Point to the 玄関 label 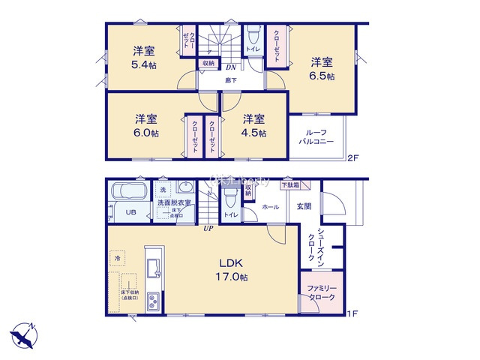304,206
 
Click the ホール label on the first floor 271,206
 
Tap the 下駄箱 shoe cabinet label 290,184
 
